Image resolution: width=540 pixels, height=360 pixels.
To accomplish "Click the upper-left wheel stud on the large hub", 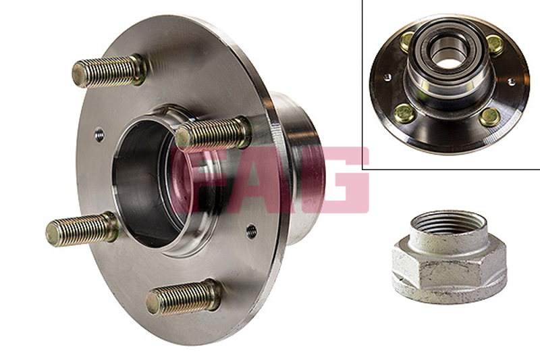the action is [x=109, y=71].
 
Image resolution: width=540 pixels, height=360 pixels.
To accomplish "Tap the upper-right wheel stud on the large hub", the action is [x=213, y=133].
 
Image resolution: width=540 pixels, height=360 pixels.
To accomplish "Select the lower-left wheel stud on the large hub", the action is [x=82, y=229].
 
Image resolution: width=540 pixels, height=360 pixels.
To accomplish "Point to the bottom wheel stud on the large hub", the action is [x=184, y=298].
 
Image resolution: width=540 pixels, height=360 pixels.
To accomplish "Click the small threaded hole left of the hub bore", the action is [x=99, y=134].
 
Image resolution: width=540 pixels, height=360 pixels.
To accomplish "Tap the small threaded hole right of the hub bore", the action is [x=252, y=231].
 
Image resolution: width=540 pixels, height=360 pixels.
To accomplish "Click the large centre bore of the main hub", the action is [x=148, y=182].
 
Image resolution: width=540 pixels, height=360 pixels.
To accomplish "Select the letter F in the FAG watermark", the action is [x=200, y=180].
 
